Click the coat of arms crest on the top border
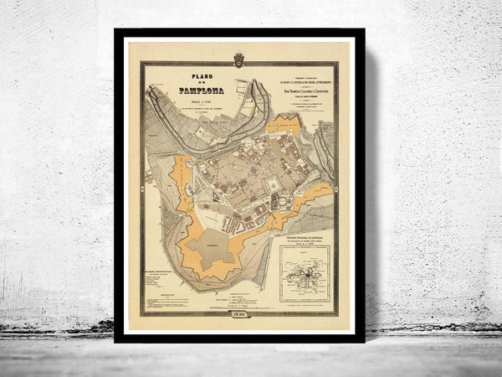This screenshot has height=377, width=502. [x=238, y=59]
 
